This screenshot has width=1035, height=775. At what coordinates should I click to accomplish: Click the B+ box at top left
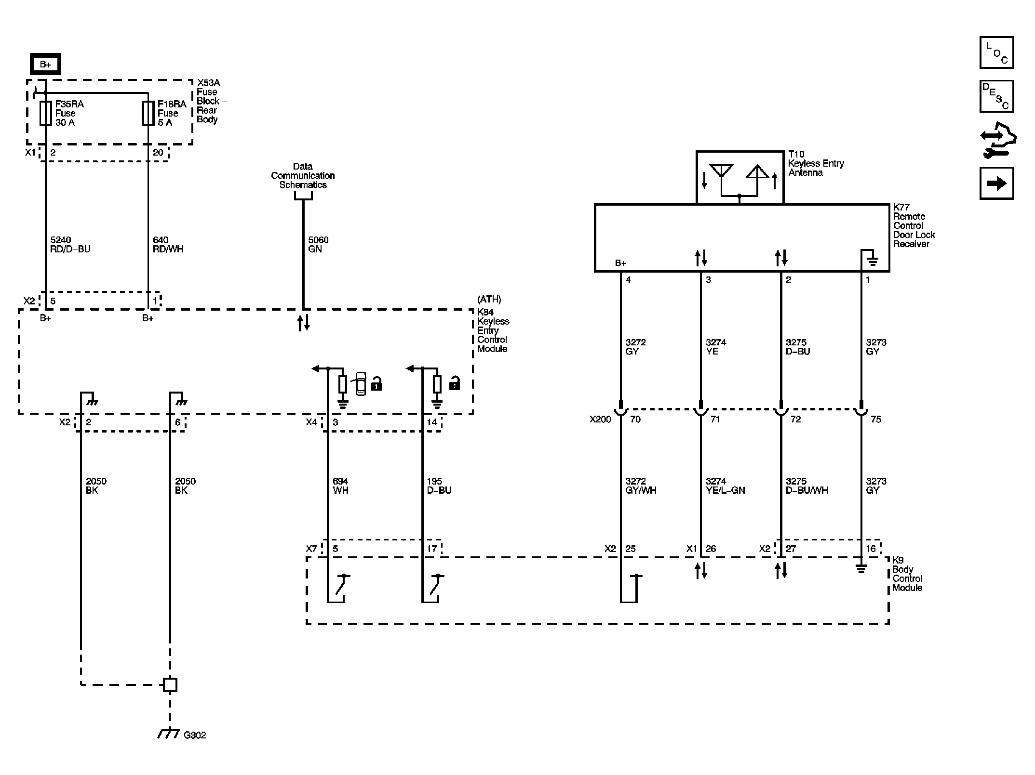coord(45,64)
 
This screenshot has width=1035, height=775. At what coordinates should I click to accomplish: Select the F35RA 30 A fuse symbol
coord(45,114)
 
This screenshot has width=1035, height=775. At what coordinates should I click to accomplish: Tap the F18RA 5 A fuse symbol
coord(148,114)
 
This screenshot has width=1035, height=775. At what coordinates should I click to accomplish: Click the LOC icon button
coord(996,53)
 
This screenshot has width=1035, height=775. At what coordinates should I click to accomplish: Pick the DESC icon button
coord(996,96)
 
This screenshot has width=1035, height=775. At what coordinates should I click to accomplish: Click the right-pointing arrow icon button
coord(996,184)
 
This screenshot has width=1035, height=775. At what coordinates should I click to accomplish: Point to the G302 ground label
coord(195,736)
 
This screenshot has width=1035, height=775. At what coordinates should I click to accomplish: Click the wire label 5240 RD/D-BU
coord(70,245)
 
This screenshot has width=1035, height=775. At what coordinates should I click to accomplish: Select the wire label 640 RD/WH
coord(168,245)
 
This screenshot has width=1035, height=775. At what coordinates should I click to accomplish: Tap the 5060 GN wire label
coord(318,245)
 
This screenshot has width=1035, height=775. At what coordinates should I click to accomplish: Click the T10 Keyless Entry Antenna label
coord(816,163)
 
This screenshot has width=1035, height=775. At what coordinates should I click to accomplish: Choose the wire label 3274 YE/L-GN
coord(725,486)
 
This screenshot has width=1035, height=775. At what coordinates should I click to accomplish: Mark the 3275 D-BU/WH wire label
coord(807,486)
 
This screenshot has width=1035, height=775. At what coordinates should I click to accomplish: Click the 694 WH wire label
coord(340,486)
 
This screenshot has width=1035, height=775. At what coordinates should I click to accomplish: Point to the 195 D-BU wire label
coord(439,486)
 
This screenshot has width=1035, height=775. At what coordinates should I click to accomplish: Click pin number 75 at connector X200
coord(876,420)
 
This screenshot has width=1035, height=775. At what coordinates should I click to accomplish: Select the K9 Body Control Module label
coord(907,574)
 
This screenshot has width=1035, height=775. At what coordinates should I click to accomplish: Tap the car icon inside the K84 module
coord(361,384)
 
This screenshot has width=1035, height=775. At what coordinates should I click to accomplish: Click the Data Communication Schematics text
coord(303,176)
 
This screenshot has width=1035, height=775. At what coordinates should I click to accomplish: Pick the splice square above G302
coord(170,684)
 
